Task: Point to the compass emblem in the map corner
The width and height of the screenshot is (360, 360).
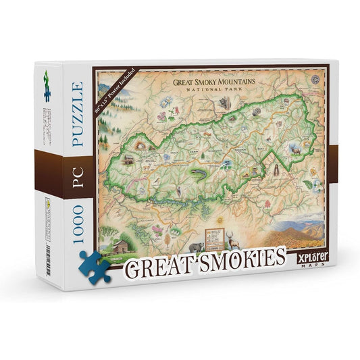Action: click(316, 78)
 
